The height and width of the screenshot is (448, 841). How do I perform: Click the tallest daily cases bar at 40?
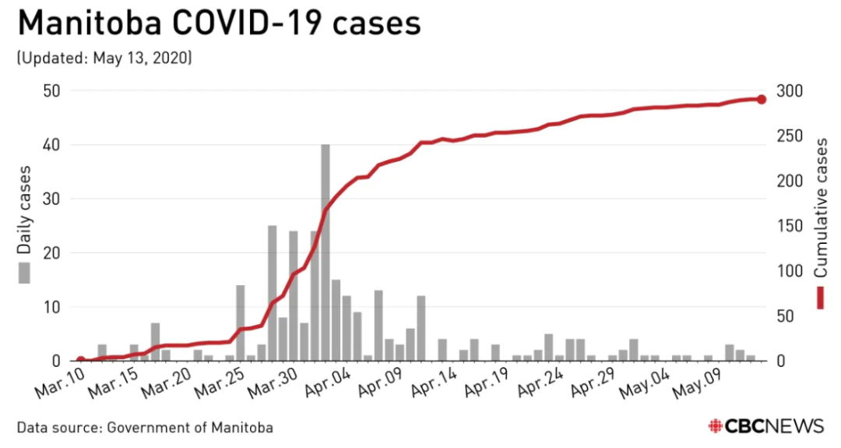point(325,252)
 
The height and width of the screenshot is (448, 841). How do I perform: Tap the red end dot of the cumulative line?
point(761,99)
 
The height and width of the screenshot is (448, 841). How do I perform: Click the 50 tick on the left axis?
point(51,91)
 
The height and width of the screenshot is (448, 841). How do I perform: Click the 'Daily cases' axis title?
point(25,210)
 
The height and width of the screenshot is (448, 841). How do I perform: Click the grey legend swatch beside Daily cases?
point(25,273)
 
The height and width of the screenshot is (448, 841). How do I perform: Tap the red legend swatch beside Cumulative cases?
point(821,298)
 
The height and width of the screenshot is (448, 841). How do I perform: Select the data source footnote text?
point(145,428)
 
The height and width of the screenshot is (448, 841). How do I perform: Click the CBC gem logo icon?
point(715,426)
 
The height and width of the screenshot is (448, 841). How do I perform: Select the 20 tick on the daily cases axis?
point(51,253)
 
